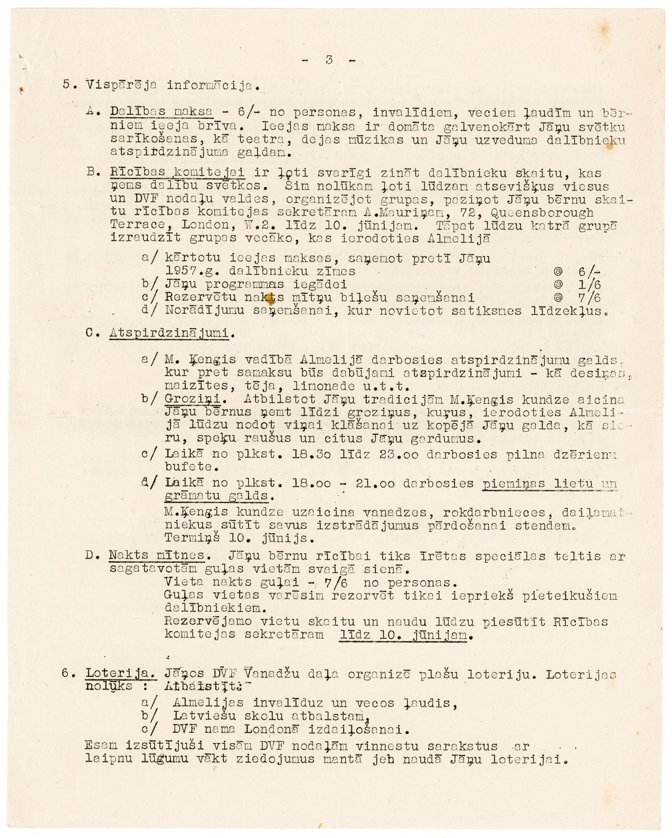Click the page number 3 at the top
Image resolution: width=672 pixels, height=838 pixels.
point(328,60)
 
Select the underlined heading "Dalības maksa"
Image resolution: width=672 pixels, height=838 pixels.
point(162,112)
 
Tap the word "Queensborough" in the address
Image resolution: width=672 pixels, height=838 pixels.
point(542,212)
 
